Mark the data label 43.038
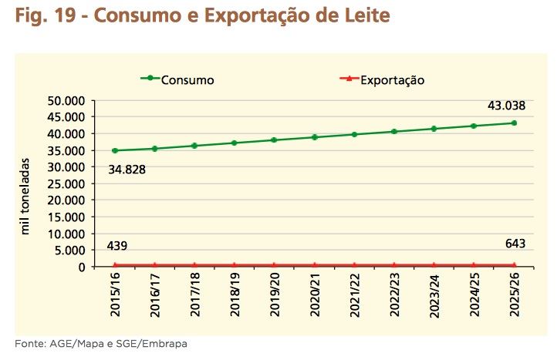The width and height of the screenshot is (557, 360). (506, 106)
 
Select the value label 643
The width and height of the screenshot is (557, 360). (515, 244)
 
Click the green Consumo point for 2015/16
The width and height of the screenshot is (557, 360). (115, 150)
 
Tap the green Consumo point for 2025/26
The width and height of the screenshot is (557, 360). (514, 123)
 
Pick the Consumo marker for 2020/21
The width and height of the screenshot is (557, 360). (315, 137)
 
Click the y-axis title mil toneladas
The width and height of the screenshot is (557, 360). (25, 197)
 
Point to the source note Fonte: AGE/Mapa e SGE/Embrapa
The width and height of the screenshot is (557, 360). (100, 343)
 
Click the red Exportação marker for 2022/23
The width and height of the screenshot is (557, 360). (394, 264)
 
